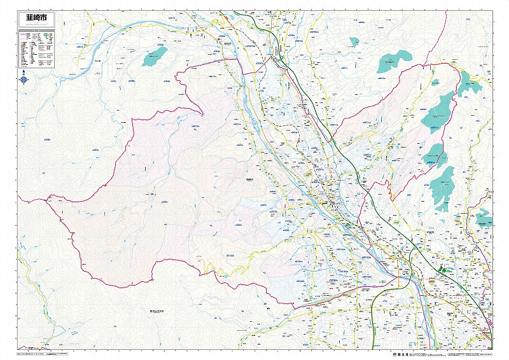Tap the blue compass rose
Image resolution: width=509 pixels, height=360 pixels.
click(24, 80)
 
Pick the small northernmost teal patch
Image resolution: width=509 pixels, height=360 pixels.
click(354, 42)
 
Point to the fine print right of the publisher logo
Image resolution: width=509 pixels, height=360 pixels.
click(458, 352)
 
